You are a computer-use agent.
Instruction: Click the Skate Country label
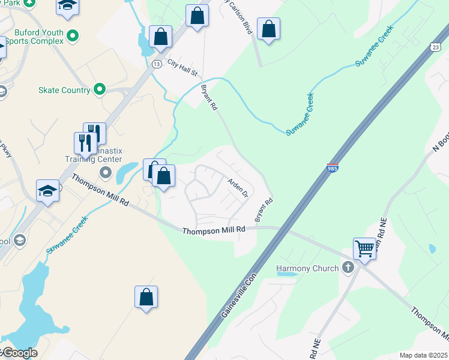64,90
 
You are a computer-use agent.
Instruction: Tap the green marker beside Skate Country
99,90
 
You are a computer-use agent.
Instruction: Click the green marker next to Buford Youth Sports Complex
73,36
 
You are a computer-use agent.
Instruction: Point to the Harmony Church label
307,268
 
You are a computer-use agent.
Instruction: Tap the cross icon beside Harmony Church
348,268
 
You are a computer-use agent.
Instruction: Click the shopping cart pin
365,248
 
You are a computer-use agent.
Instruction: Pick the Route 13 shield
157,64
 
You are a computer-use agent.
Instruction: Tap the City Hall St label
182,68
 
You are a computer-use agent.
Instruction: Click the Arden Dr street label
237,187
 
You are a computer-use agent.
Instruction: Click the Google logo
20,353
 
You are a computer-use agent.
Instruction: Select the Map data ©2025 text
423,355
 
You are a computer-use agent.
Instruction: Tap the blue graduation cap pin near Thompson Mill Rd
47,191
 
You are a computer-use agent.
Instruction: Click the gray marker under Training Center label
106,173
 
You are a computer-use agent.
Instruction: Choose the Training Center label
94,160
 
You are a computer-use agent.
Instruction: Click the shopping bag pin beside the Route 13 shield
160,37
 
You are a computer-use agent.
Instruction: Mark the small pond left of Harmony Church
287,274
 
